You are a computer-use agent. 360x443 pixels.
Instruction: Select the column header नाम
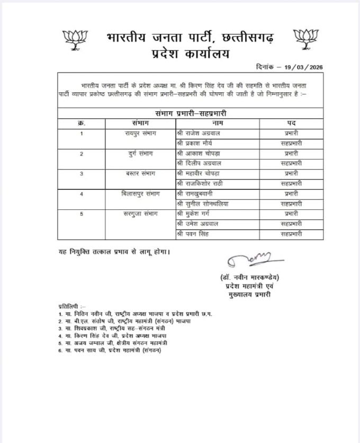217,123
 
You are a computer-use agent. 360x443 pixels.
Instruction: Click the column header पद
292,123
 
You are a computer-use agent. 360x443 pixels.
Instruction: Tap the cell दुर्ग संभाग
139,154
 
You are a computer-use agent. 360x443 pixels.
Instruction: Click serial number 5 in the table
82,214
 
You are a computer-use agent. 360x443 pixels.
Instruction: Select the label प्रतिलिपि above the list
70,307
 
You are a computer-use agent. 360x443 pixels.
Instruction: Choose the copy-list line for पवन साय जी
113,350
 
